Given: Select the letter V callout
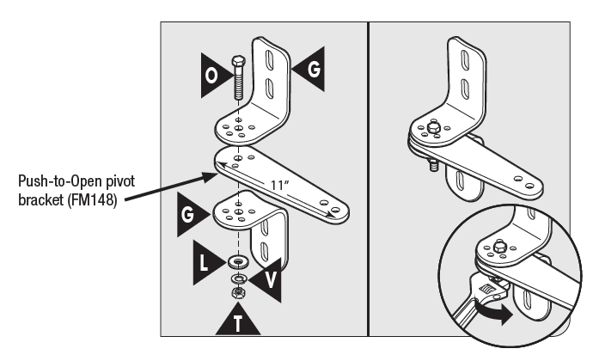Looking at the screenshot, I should point(268,279).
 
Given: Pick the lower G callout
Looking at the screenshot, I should point(188,220).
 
